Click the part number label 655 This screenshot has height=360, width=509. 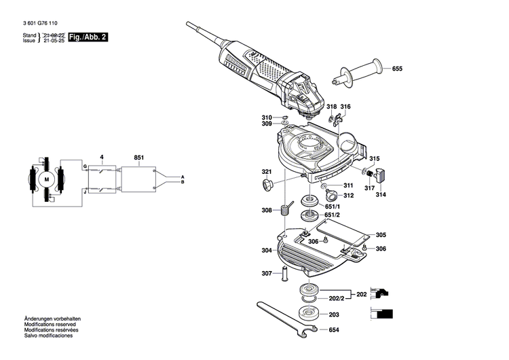tap(397, 69)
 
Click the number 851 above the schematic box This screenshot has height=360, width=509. tap(138, 158)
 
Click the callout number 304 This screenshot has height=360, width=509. tap(267, 251)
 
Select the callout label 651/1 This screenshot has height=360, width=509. tap(333, 206)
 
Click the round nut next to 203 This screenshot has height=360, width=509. tap(311, 315)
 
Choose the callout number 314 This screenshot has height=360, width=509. tap(381, 195)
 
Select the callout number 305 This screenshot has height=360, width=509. tap(381, 235)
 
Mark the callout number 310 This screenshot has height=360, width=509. tap(267, 118)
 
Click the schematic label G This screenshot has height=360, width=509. tap(85, 166)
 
